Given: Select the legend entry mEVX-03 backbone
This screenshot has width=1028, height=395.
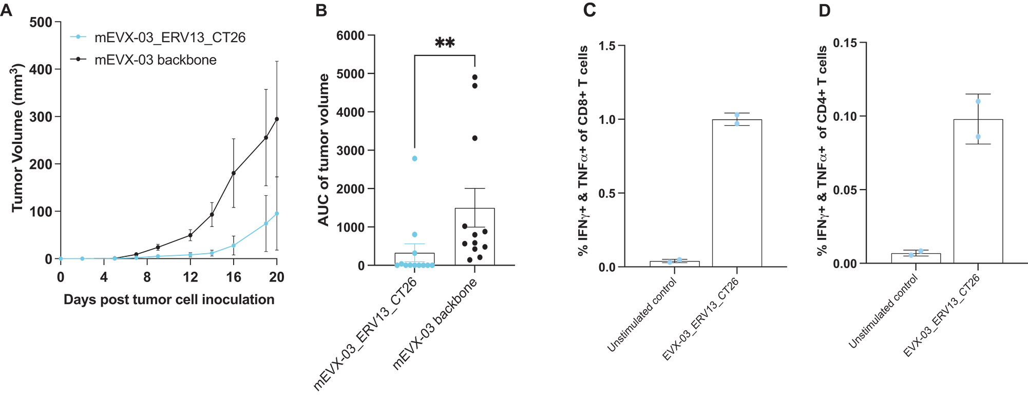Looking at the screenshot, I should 155,60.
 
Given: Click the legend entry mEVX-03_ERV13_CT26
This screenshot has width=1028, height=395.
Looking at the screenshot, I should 169,37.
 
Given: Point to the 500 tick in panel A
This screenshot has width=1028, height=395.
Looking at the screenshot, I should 41,23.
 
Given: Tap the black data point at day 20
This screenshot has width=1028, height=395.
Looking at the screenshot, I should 277,119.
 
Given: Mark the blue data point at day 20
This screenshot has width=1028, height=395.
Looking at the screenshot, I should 277,214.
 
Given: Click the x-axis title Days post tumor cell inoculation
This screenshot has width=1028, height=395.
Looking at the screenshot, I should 169,300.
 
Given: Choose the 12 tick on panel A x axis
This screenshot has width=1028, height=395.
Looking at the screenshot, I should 190,277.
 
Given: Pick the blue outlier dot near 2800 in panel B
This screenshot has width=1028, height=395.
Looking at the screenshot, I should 415,159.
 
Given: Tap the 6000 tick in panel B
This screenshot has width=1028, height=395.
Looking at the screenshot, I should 350,36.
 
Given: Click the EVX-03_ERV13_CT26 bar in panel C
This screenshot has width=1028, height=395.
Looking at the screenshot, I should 737,195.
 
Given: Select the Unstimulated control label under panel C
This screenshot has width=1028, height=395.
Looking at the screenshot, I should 642,315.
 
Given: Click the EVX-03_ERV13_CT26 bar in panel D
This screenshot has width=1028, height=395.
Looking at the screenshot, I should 978,195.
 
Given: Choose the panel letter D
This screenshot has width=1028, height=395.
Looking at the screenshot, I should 824,10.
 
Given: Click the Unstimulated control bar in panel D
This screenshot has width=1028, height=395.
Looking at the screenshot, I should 916,258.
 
